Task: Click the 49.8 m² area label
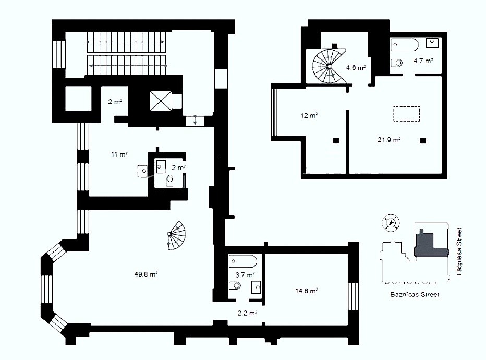click(x=146, y=274)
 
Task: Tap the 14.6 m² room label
click(x=306, y=291)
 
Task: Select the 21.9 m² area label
click(x=389, y=140)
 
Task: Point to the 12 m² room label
click(x=309, y=116)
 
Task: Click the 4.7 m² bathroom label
click(x=423, y=61)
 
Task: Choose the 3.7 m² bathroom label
click(x=245, y=275)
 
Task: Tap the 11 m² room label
click(x=119, y=154)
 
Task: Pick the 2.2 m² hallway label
click(x=247, y=313)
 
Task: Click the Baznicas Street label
click(x=415, y=295)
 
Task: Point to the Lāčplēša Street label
click(x=459, y=251)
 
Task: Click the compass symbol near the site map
click(x=391, y=223)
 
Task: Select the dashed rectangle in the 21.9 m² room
click(x=407, y=114)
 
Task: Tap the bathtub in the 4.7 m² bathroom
click(x=405, y=45)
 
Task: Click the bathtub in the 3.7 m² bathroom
click(x=242, y=261)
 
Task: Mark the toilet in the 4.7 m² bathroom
click(x=396, y=63)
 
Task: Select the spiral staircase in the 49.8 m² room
click(x=177, y=236)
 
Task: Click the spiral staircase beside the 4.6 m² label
click(x=329, y=66)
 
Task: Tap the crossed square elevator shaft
click(x=161, y=101)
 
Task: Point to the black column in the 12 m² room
click(x=336, y=141)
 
